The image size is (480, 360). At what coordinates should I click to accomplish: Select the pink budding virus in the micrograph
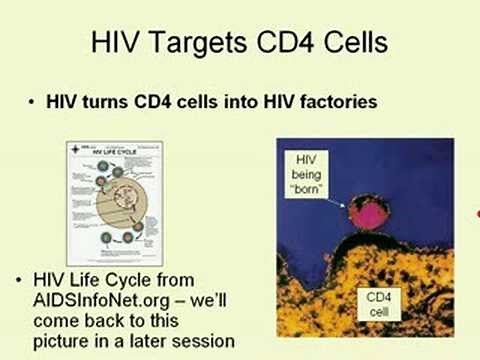(368, 218)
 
